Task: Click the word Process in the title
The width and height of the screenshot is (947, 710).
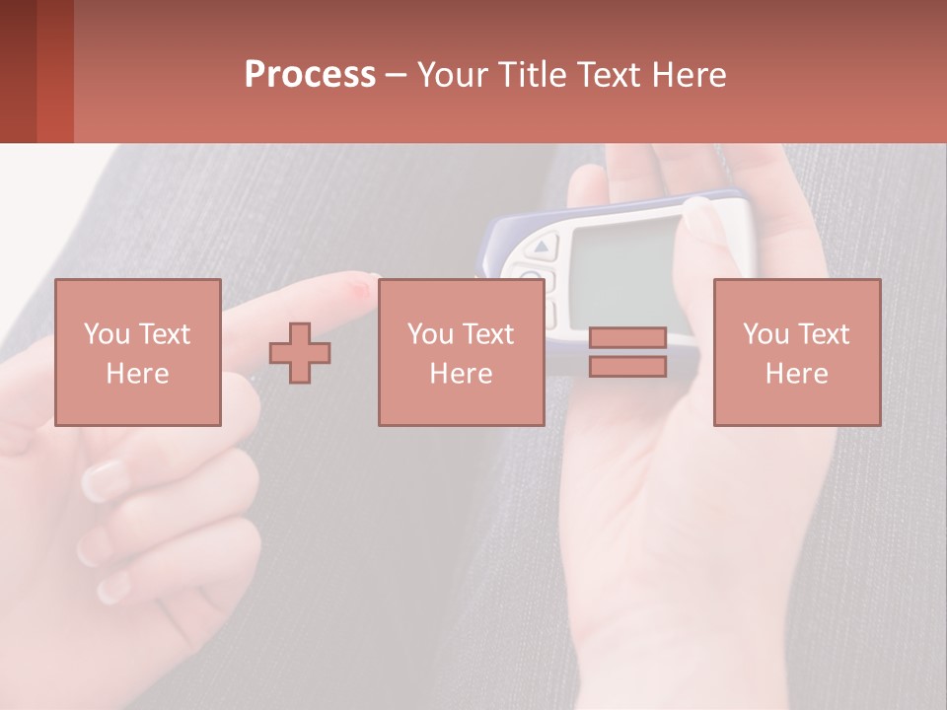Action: coord(310,75)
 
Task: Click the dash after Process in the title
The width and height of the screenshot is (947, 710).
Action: coord(396,76)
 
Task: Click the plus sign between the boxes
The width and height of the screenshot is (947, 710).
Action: coord(300,353)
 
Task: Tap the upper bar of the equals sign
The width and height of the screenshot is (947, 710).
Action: coord(627,337)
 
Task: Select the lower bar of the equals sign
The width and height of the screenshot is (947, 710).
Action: coord(627,367)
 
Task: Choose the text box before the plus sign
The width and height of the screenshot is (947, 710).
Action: coord(138,352)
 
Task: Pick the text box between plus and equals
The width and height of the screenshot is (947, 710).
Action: coord(461,352)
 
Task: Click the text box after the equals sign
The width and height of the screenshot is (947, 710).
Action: coord(797,352)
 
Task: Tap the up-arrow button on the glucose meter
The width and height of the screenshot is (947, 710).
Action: coord(545,245)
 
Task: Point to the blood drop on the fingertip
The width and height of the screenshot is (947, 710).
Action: coord(357,289)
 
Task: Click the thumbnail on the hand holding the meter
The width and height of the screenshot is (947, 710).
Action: coord(703,219)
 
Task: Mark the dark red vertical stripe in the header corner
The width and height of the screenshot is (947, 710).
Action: coord(18,71)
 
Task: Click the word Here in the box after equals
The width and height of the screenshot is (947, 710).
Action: coord(797,373)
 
